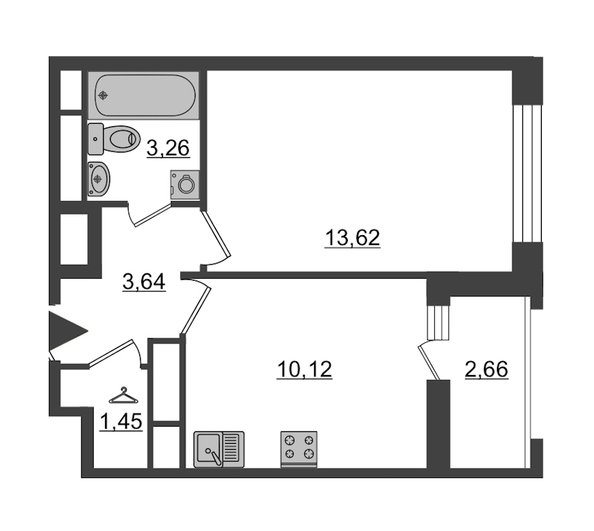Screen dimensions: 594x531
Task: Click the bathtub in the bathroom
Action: (144, 95)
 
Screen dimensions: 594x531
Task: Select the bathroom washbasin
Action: (98, 179)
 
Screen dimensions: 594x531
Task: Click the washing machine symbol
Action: (185, 184)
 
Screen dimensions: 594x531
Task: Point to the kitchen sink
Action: (219, 449)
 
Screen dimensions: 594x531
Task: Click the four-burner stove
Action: (299, 449)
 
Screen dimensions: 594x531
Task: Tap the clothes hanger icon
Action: (123, 396)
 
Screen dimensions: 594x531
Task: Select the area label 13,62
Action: (352, 238)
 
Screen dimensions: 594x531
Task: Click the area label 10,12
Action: (304, 369)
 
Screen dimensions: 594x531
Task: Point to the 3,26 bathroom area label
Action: (168, 148)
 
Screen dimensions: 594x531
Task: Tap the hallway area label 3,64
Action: (144, 281)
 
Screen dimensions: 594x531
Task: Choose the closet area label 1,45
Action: (121, 421)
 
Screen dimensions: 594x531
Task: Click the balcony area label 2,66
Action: (486, 369)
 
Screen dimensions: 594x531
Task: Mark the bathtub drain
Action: (103, 95)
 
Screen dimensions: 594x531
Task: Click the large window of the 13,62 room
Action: (527, 173)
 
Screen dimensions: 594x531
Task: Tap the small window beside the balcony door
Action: (438, 322)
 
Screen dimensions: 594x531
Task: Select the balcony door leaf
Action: (429, 361)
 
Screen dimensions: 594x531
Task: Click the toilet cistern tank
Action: (96, 139)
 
